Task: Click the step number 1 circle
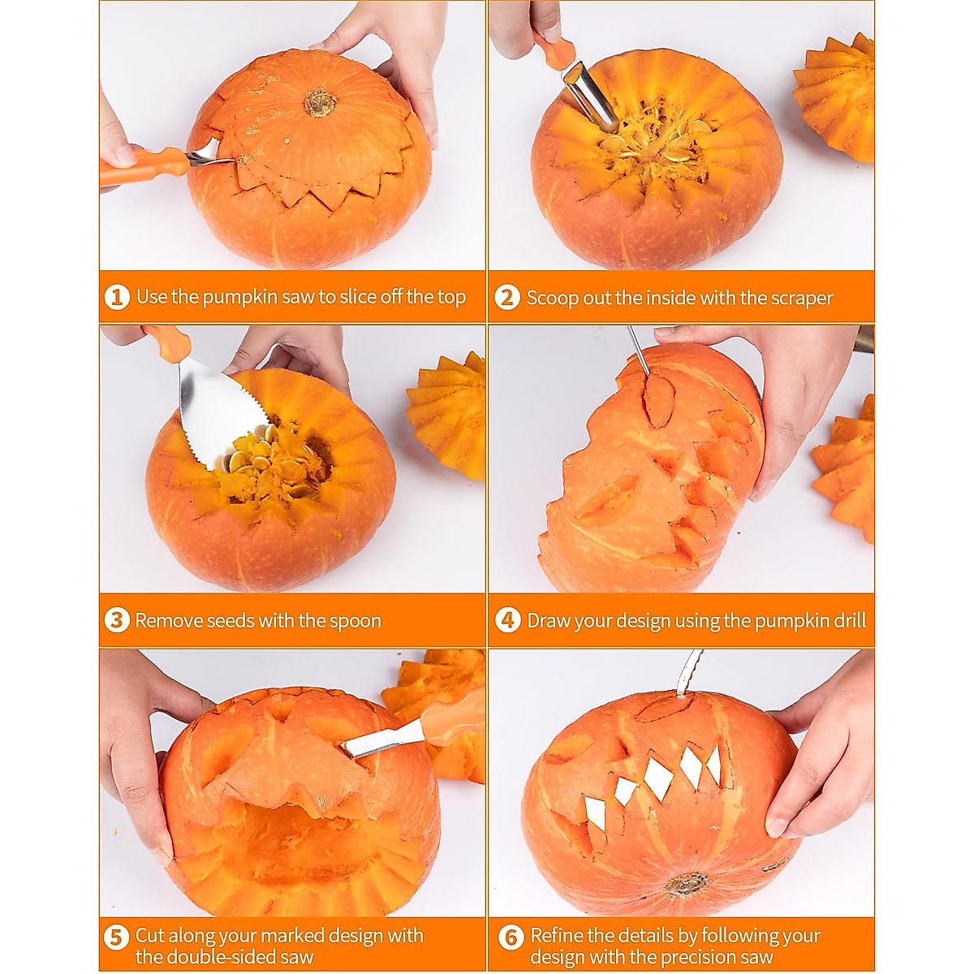[117, 297]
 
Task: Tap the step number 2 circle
[506, 297]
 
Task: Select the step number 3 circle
[117, 621]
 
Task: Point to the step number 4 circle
[507, 621]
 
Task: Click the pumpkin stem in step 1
[321, 102]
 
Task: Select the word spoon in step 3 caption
[355, 621]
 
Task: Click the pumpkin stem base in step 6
[687, 883]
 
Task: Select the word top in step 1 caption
[451, 297]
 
